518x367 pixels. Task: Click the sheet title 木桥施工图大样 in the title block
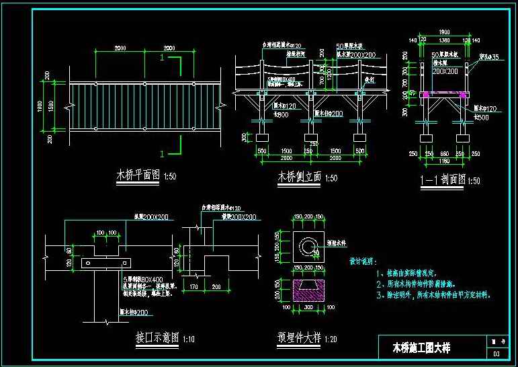point(421,348)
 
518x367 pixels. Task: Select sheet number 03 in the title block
point(497,354)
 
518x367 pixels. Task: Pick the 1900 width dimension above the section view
point(444,31)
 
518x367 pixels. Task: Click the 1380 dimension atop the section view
point(444,40)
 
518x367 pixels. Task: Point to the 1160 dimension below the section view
point(444,161)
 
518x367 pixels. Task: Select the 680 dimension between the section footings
point(444,154)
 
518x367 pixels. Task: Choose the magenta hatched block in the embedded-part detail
point(310,290)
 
